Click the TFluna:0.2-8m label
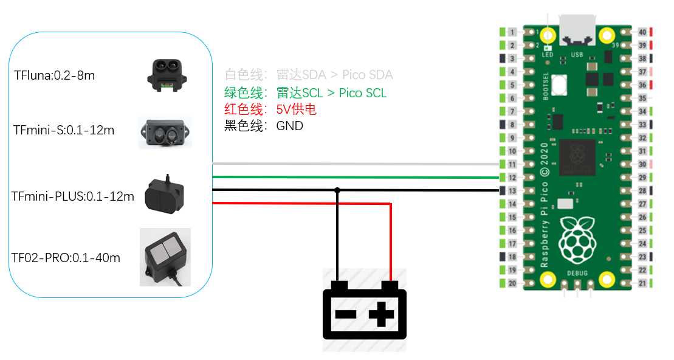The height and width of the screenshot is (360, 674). (x=55, y=76)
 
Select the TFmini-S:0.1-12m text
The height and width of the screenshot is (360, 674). (x=64, y=131)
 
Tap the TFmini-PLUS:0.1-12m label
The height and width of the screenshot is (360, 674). (x=73, y=196)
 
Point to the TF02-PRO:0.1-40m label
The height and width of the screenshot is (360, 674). (x=66, y=258)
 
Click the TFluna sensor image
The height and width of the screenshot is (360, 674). (x=165, y=75)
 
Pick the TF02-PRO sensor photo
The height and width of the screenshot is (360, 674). (x=165, y=257)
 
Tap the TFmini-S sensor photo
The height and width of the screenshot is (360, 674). (x=165, y=133)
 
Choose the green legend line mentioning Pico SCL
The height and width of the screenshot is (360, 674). (x=305, y=93)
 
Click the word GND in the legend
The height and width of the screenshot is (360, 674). (x=289, y=126)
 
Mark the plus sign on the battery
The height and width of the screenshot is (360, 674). (x=382, y=315)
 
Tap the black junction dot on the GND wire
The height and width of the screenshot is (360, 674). (x=337, y=190)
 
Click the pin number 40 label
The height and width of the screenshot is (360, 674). (x=642, y=32)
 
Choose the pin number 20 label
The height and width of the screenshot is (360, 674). (x=512, y=283)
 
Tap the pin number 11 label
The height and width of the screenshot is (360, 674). (x=512, y=165)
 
